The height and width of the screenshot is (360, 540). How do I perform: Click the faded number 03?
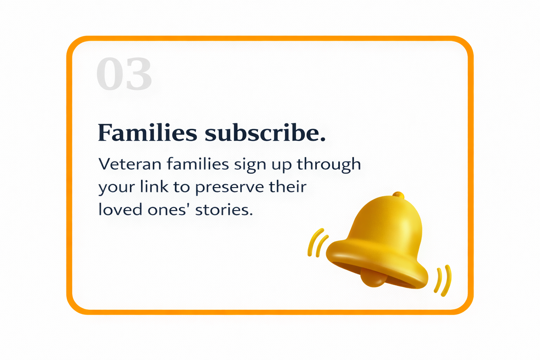[124, 74]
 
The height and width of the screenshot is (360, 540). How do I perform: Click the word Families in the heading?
[147, 133]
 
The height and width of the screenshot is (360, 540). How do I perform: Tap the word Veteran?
[130, 164]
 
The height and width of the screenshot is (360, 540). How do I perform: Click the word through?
[329, 164]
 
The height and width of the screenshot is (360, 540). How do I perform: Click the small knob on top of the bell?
[398, 194]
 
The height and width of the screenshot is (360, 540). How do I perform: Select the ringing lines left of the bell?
[317, 243]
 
